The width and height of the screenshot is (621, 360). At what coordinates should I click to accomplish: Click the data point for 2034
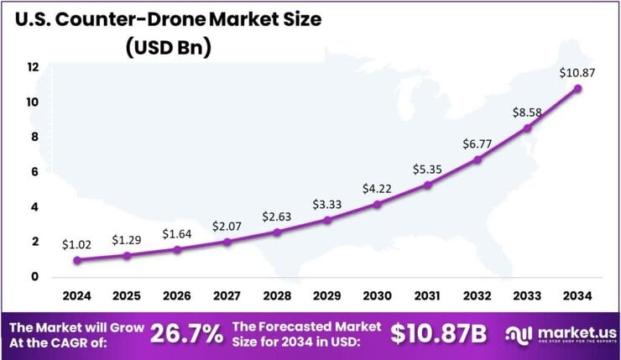tap(577, 88)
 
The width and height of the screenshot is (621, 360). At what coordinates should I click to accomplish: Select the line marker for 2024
tap(77, 260)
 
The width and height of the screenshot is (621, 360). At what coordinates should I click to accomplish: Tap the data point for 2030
tap(378, 204)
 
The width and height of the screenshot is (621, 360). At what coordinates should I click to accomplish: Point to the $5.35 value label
tap(426, 169)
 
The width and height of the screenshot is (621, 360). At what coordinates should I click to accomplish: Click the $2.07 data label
tap(226, 225)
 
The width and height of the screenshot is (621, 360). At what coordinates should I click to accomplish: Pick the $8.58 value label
tap(527, 112)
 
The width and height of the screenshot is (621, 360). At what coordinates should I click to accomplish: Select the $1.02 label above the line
tap(76, 244)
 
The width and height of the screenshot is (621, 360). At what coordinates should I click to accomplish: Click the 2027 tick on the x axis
tap(227, 295)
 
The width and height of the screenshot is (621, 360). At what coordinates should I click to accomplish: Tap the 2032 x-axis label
tap(477, 295)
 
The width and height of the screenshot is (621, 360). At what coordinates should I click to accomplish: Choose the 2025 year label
tap(128, 295)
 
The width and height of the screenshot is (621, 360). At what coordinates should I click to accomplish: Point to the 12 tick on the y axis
tap(33, 67)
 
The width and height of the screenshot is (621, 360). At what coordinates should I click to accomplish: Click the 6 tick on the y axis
tap(33, 172)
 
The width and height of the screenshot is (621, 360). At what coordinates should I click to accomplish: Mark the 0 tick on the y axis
tap(33, 277)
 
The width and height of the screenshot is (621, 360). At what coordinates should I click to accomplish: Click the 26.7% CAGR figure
tap(185, 333)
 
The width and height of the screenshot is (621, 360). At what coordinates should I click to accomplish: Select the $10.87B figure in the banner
tap(439, 333)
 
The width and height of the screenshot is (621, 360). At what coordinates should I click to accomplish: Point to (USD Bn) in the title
tap(168, 48)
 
